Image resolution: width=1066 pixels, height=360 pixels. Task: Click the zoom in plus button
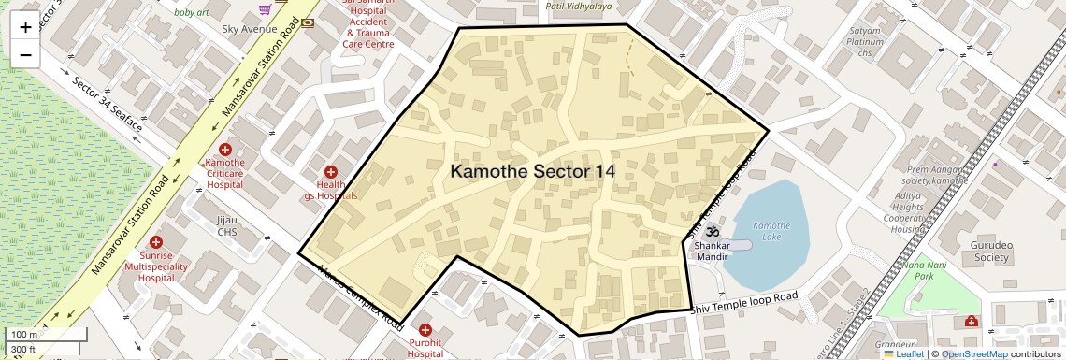click(x=25, y=27)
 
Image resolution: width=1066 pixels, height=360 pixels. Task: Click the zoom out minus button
click(x=25, y=55)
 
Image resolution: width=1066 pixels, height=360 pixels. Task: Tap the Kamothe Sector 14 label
click(x=533, y=171)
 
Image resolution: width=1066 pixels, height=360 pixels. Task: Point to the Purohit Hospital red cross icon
click(x=425, y=330)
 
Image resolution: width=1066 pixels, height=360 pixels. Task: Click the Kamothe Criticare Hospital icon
click(x=224, y=150)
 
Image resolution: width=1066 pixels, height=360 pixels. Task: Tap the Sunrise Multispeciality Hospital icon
click(x=155, y=242)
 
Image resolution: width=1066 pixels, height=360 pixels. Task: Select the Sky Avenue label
click(x=249, y=29)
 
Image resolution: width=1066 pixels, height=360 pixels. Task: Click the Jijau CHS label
click(x=227, y=225)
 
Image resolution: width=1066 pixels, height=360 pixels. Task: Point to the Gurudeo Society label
click(x=992, y=251)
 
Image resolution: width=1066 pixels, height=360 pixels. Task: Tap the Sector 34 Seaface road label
click(x=108, y=104)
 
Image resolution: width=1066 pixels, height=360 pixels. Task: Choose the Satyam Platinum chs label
click(x=865, y=42)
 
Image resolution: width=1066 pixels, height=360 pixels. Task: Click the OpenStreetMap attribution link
click(x=974, y=354)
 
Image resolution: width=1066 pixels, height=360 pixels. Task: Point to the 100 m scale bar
click(x=47, y=335)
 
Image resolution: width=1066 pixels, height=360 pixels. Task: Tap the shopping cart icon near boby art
click(x=266, y=8)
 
